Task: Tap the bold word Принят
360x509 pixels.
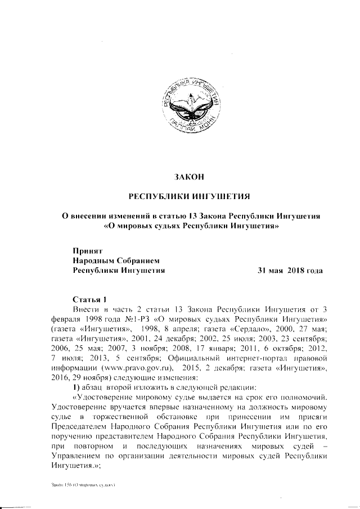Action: click(x=88, y=250)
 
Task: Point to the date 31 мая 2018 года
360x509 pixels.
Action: click(x=290, y=271)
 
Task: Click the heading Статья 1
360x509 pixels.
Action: click(x=89, y=298)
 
